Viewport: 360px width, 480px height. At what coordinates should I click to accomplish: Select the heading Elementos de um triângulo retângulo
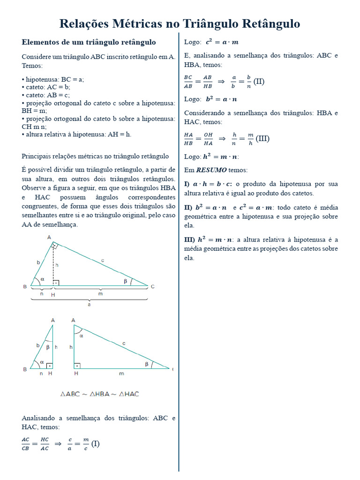click(x=89, y=42)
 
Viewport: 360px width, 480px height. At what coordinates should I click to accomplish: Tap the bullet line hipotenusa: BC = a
click(x=53, y=80)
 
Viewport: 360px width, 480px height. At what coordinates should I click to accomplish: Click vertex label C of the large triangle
click(x=152, y=286)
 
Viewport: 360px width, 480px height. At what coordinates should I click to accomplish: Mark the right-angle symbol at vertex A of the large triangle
click(x=55, y=246)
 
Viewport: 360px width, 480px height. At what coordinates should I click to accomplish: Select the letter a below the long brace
click(x=89, y=304)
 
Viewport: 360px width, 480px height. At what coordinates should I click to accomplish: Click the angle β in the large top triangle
click(x=125, y=281)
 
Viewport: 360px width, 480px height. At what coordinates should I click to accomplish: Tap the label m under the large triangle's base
click(x=100, y=294)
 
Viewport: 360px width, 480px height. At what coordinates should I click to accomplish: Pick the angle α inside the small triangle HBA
click(x=42, y=362)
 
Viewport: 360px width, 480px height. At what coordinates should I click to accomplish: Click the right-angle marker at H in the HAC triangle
click(x=77, y=366)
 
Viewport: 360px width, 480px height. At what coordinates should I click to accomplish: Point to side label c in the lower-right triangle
click(x=124, y=344)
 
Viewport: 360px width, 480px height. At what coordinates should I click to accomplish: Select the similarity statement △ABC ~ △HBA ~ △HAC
click(x=100, y=394)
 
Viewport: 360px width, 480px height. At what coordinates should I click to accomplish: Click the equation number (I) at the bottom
click(x=95, y=443)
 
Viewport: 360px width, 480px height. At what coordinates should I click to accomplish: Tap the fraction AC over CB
click(x=25, y=443)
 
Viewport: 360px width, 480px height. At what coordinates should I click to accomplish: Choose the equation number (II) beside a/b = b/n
click(x=259, y=82)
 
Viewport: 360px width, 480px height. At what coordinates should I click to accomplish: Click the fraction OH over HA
click(x=208, y=139)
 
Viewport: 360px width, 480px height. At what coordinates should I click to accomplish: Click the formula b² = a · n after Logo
click(x=221, y=99)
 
